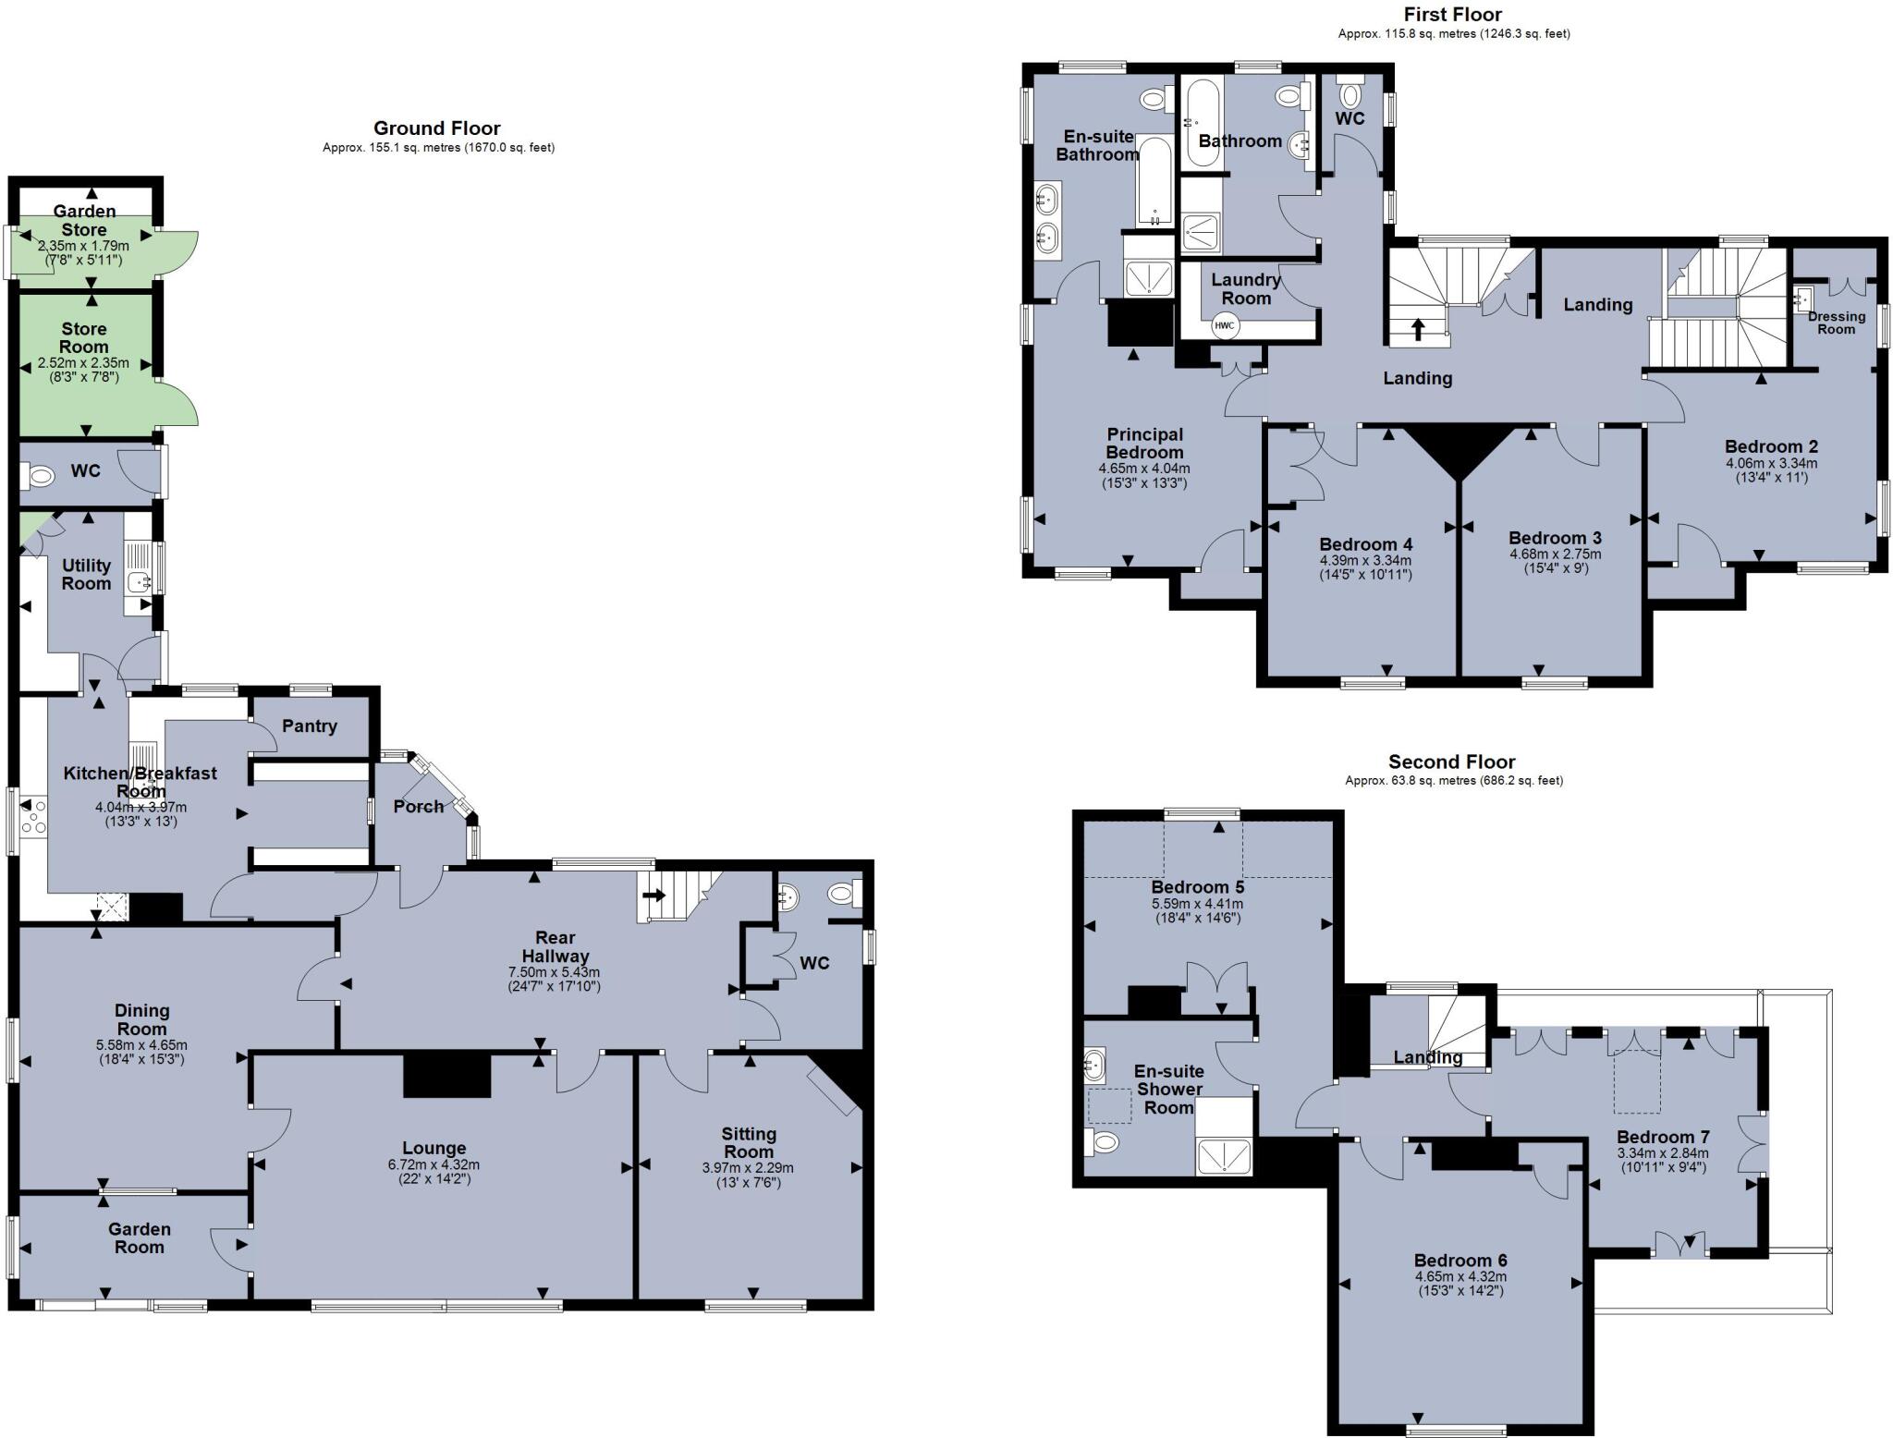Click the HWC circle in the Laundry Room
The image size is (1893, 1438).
pyautogui.click(x=1224, y=325)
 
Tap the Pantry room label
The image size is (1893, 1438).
pyautogui.click(x=310, y=725)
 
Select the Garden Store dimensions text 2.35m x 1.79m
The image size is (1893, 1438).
pyautogui.click(x=83, y=246)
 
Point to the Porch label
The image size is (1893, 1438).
pyautogui.click(x=419, y=806)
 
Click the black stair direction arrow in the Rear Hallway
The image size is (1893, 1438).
pyautogui.click(x=653, y=896)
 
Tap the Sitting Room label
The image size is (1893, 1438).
pyautogui.click(x=748, y=1142)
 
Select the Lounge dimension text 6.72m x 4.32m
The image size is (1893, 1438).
pyautogui.click(x=434, y=1164)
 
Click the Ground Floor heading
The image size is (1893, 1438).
pyautogui.click(x=436, y=128)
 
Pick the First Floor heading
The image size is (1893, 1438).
pyautogui.click(x=1452, y=14)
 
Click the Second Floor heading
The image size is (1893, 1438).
pyautogui.click(x=1451, y=762)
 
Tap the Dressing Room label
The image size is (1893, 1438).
pyautogui.click(x=1836, y=323)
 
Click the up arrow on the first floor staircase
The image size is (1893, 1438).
pyautogui.click(x=1417, y=329)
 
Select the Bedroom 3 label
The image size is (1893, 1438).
pyautogui.click(x=1555, y=538)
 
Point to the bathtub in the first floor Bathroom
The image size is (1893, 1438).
pyautogui.click(x=1203, y=122)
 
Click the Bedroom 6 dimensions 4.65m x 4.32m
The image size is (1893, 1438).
pyautogui.click(x=1460, y=1277)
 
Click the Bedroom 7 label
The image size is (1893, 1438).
pyautogui.click(x=1663, y=1137)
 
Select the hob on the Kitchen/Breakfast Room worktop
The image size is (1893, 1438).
pyautogui.click(x=33, y=819)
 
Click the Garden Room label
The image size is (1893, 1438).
pyautogui.click(x=139, y=1237)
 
